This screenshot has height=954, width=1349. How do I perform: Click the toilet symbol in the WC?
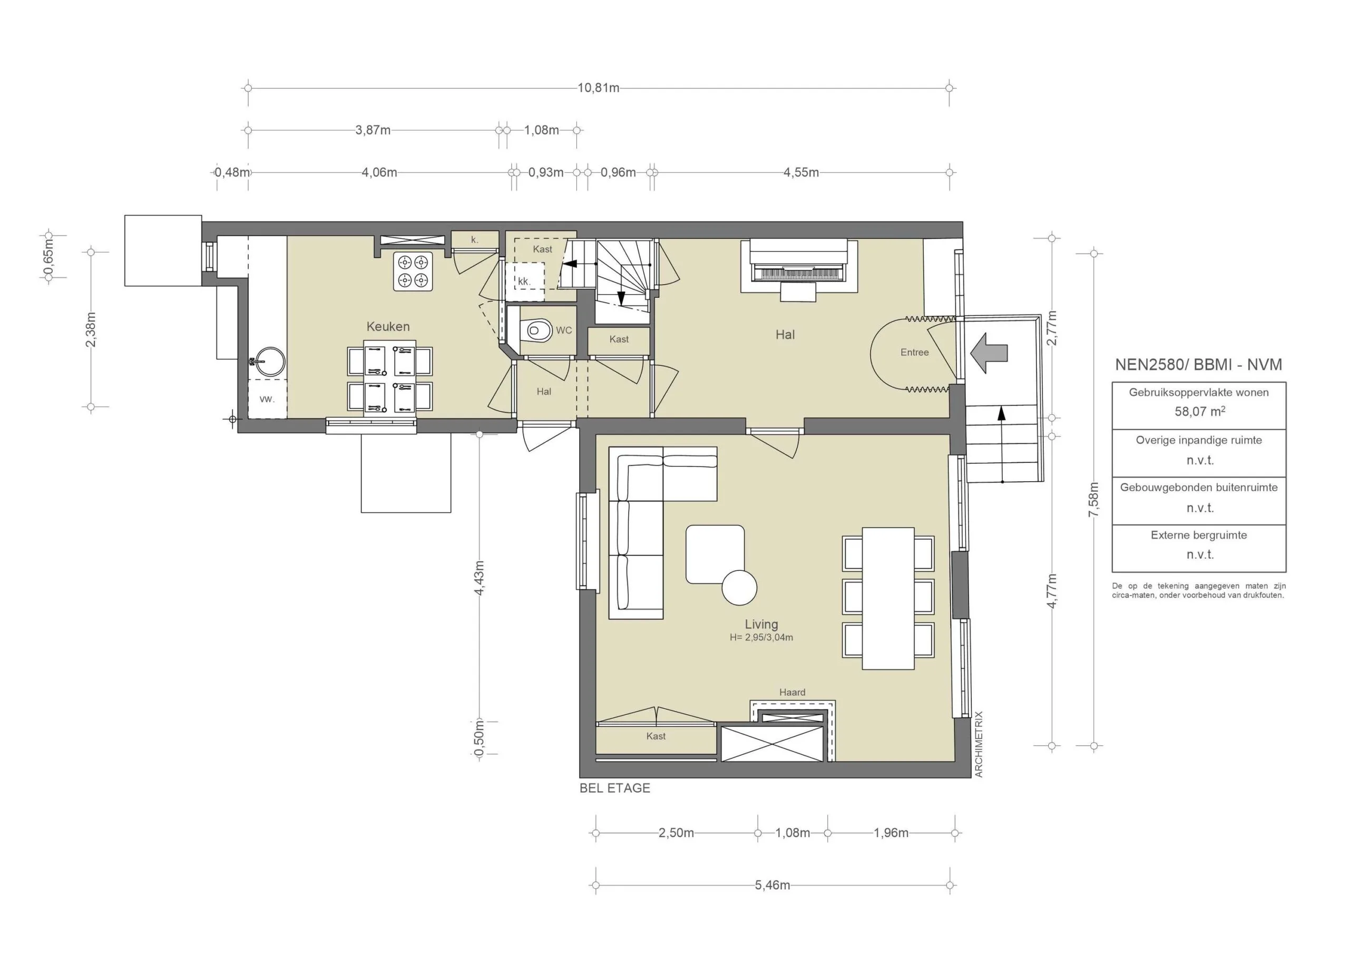pos(537,330)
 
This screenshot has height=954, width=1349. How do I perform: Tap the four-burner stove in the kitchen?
pos(413,271)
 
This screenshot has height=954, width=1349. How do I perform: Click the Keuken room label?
pos(388,326)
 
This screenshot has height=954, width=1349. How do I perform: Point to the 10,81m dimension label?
pos(598,88)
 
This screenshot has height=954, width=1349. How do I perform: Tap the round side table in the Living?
pos(739,588)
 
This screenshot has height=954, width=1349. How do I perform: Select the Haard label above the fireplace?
pos(792,693)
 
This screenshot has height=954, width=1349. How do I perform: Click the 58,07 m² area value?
pos(1199,412)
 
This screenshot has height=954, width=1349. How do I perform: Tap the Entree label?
pos(914,352)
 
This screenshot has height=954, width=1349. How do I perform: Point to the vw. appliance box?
pos(267,398)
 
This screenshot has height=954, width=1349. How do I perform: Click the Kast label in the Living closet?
pos(656,736)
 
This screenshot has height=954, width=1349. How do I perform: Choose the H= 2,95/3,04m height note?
pos(761,637)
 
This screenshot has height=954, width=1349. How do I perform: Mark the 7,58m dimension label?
pos(1093,500)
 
